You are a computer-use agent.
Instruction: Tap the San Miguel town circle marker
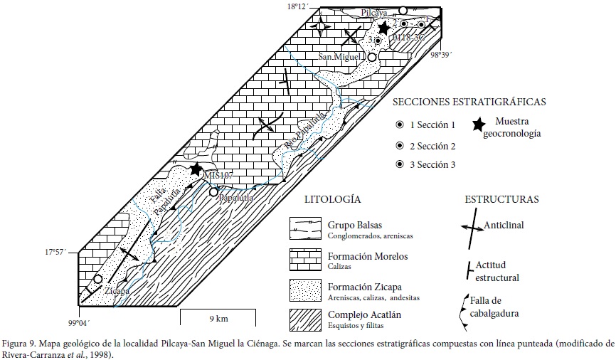(x=371, y=57)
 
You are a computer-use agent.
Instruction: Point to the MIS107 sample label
(x=218, y=175)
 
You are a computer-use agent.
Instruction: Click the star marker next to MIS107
(x=196, y=169)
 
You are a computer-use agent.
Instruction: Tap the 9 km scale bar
(x=213, y=310)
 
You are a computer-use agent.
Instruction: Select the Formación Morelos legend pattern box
(x=304, y=260)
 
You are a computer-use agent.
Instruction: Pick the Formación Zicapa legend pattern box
(x=304, y=290)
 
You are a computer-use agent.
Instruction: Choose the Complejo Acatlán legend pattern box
(x=304, y=320)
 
